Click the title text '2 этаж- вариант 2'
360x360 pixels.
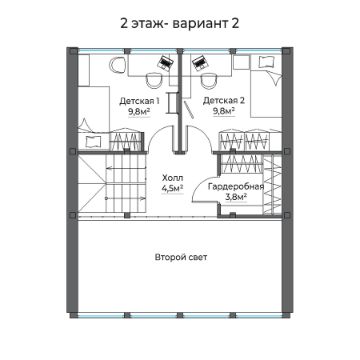[x=180, y=21]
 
